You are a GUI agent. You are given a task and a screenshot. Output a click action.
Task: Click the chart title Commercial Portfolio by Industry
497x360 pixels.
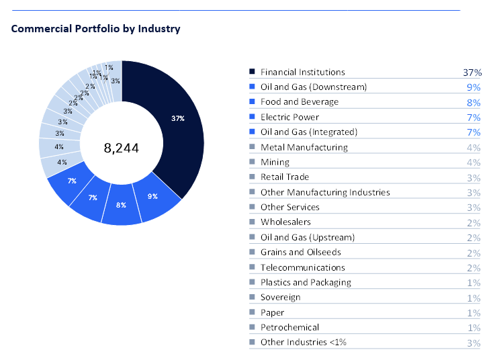[96, 29]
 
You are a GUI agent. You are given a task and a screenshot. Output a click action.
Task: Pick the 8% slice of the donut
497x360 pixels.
[122, 205]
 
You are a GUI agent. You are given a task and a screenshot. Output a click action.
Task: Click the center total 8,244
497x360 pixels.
[122, 148]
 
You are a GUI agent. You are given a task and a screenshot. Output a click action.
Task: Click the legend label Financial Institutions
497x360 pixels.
[302, 72]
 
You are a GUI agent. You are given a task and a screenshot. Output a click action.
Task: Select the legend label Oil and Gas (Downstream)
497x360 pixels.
[314, 87]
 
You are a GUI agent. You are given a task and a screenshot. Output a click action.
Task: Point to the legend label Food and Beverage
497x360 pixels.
[300, 102]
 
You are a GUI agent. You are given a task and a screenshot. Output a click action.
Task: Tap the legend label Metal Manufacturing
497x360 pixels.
[304, 147]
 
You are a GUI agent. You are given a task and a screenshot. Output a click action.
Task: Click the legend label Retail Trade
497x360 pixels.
[285, 177]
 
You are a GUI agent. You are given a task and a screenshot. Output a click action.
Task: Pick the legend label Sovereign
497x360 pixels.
[280, 298]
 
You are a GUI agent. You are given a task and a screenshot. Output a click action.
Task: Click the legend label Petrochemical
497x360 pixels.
[289, 327]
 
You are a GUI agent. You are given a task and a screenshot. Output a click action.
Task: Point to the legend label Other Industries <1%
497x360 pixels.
[303, 343]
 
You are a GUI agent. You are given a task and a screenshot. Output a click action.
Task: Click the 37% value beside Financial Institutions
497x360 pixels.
[472, 73]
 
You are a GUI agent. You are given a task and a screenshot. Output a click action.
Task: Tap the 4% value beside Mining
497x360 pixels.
[473, 163]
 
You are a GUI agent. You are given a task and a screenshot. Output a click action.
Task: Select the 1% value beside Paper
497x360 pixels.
[473, 313]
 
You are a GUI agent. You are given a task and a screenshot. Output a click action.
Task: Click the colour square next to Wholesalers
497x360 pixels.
[252, 222]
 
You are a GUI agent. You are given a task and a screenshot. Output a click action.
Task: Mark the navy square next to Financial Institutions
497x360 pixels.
[252, 72]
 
